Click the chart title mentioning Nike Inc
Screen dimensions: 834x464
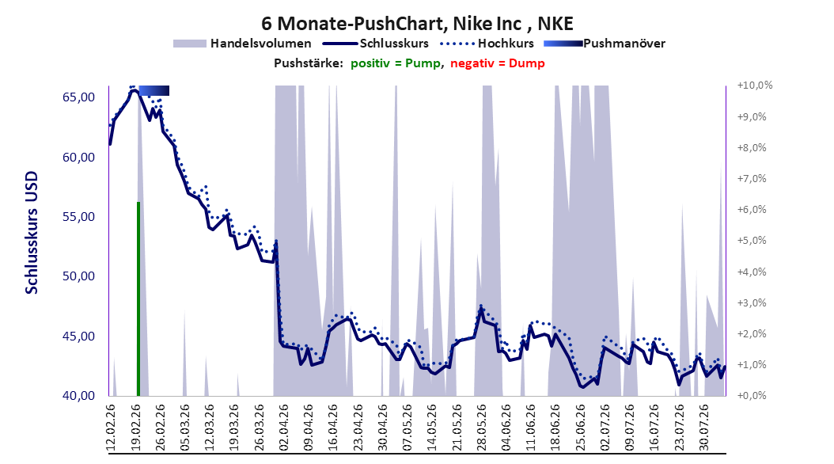pos(417,24)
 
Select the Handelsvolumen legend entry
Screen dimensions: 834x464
pos(242,44)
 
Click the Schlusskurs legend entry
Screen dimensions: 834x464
pos(376,44)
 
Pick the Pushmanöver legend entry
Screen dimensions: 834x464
pos(605,44)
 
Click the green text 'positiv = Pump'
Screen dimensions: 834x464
pos(395,63)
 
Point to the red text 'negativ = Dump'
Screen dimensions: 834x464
pos(498,63)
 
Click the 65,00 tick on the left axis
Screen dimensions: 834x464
pos(78,97)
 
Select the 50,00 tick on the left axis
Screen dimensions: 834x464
pos(78,276)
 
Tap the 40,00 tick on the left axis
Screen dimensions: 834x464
pos(78,395)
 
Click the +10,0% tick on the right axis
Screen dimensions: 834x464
pos(755,86)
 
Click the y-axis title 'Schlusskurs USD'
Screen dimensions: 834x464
pos(32,233)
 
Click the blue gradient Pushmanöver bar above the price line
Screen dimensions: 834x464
pos(154,90)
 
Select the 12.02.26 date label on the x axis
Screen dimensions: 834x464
pos(111,428)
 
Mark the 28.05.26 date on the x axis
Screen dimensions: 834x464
pos(482,428)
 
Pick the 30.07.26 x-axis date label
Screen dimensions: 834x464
pos(704,428)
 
